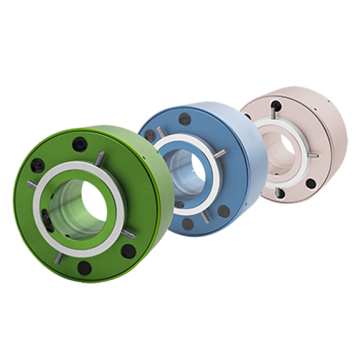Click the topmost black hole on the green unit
pos(79,144)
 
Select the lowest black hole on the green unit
pos(85,268)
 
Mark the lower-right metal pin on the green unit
pos(128,235)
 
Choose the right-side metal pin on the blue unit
pos(220,154)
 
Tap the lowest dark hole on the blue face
pos(188,223)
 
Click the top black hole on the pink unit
pos(276,106)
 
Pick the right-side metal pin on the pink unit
pos(313,155)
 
